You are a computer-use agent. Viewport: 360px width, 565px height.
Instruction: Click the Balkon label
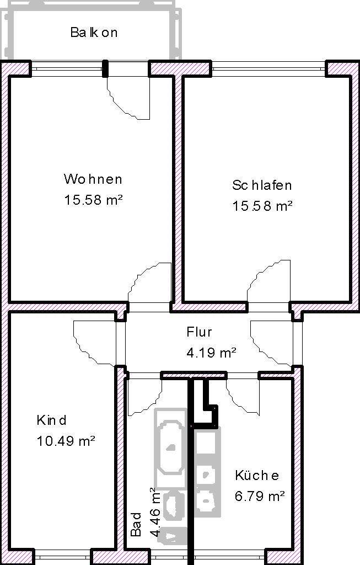[94, 33]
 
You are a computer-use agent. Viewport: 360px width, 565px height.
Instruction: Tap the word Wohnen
[93, 179]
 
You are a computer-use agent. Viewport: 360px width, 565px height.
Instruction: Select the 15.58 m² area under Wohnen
[94, 200]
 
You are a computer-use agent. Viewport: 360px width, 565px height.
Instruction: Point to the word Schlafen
[262, 185]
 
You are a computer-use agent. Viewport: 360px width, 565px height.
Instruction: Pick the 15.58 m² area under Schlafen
[262, 206]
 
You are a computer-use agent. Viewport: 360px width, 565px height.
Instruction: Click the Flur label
[199, 332]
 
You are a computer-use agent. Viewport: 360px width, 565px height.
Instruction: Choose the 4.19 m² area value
[211, 352]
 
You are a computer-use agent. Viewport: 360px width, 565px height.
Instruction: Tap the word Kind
[51, 420]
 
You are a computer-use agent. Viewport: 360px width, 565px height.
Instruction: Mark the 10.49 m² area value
[66, 441]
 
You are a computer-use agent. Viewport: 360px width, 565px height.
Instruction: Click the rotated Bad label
[136, 525]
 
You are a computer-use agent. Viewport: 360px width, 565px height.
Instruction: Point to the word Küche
[257, 475]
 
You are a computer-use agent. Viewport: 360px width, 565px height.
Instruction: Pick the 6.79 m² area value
[260, 496]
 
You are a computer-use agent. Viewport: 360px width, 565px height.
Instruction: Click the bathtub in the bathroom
[170, 448]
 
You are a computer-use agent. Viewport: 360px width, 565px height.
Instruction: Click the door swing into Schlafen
[268, 281]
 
